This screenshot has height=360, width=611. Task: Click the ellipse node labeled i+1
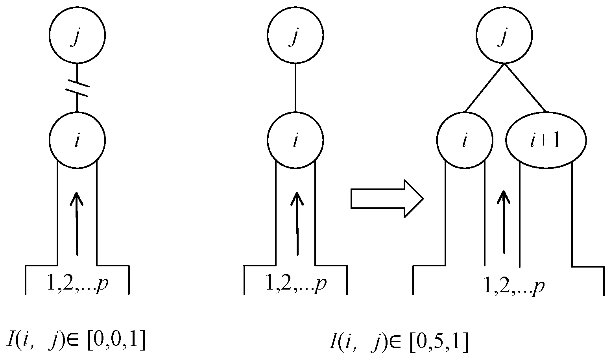[546, 140]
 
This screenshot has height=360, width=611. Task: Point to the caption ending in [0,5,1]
[398, 343]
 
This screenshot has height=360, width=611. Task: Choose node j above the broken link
[77, 35]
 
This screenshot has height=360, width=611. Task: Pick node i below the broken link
[77, 140]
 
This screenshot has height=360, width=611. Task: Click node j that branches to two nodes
[504, 35]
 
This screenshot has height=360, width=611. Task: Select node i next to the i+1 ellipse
[465, 140]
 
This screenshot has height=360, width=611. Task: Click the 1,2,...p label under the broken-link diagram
[78, 284]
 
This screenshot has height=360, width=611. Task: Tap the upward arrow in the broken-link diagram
[77, 223]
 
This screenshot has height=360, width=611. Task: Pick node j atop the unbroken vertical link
[295, 35]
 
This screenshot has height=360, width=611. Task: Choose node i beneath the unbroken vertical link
[295, 140]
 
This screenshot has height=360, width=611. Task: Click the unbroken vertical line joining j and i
[295, 87]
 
